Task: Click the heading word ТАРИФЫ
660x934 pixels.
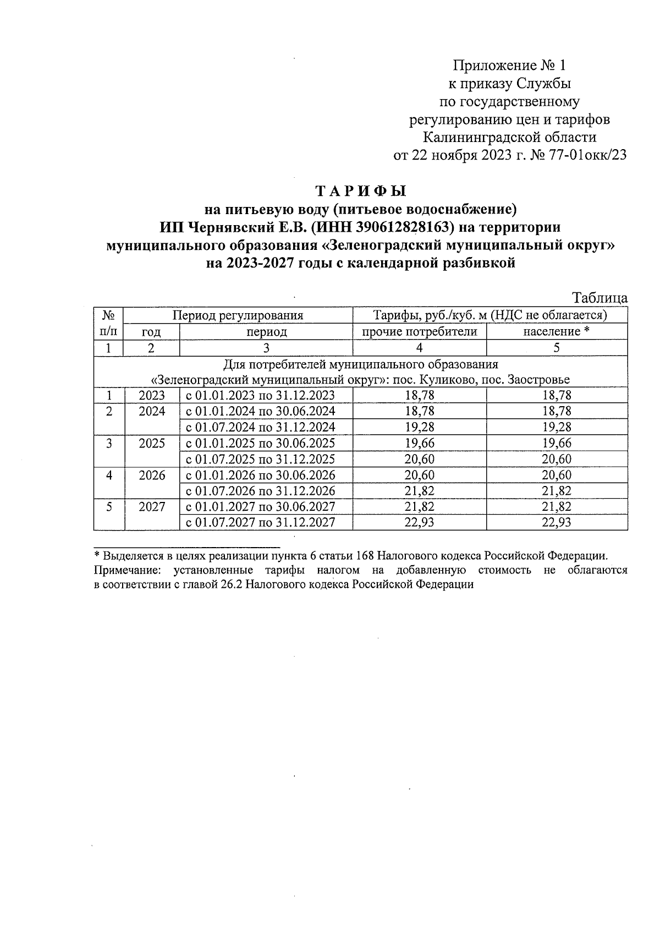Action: [x=361, y=191]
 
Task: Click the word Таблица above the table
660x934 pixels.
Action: [x=600, y=298]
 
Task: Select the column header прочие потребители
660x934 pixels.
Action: [x=419, y=331]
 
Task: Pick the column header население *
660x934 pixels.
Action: [x=557, y=331]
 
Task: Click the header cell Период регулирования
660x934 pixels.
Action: [x=238, y=315]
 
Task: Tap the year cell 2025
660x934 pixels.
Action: [x=152, y=443]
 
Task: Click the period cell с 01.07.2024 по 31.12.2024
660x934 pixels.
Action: [x=261, y=427]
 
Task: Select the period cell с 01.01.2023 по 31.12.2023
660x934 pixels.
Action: [x=261, y=395]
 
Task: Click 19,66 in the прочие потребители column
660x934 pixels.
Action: [x=419, y=443]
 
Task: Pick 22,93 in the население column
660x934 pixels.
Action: [x=557, y=522]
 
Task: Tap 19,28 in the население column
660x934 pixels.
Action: [x=557, y=427]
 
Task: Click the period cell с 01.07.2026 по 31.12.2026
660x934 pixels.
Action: [x=261, y=491]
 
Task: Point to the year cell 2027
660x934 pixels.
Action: [x=152, y=506]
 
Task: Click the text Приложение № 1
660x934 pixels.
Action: [x=509, y=66]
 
